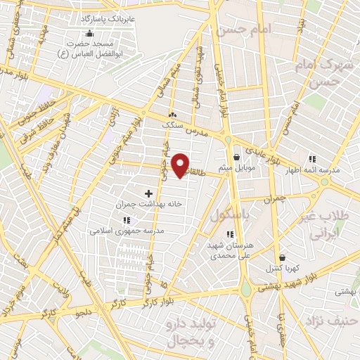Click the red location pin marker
[181, 164]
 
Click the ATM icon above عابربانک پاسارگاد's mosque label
[89, 33]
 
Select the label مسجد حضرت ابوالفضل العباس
[89, 48]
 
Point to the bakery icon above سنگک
[173, 114]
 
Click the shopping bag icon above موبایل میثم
[236, 157]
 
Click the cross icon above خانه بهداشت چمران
[148, 193]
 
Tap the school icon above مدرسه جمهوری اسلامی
[127, 220]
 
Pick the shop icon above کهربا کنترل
[282, 258]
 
